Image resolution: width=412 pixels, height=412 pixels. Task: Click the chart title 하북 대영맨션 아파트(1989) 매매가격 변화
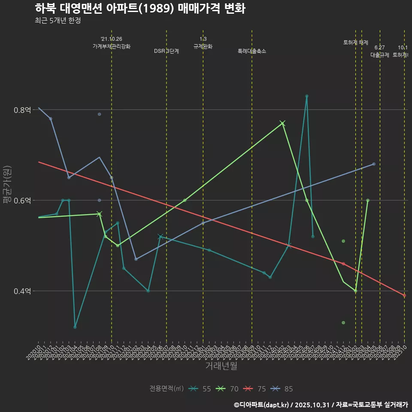coord(140,9)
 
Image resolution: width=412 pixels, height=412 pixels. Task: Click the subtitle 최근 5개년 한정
coord(58,21)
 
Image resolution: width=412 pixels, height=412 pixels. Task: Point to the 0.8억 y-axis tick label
coord(23,110)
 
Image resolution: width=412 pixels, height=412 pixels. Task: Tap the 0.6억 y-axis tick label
coord(23,200)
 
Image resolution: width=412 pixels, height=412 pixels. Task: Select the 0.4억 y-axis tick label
coord(23,291)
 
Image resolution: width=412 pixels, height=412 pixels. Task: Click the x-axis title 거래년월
coord(221,366)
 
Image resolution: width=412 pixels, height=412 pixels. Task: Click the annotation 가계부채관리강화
coord(112,46)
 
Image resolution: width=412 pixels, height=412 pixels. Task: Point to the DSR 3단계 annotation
coord(167,51)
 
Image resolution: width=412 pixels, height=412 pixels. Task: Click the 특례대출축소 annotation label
coord(252,51)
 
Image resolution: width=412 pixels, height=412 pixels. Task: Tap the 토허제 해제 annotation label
coord(356,42)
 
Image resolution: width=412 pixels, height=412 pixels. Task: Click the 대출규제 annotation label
coord(379,55)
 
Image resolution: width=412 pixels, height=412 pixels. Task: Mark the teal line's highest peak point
coord(306,96)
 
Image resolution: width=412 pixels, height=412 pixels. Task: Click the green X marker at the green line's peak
coord(282,124)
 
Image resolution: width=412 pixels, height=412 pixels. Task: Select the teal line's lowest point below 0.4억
coord(75,327)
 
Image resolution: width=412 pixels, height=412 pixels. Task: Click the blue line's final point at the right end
coord(374,164)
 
